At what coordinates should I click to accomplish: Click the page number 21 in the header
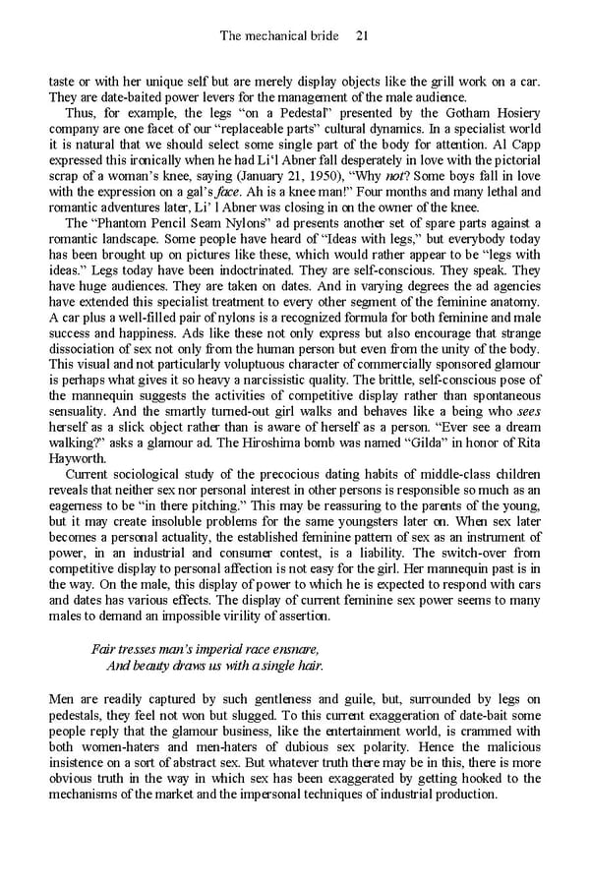tap(361, 36)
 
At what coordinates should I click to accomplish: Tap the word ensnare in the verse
tap(297, 650)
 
